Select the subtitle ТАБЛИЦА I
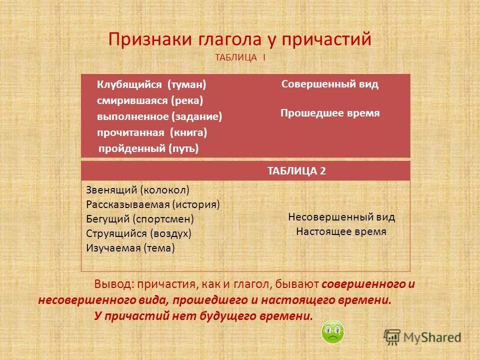pyautogui.click(x=240, y=58)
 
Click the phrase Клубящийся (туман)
pyautogui.click(x=151, y=84)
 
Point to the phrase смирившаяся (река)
pyautogui.click(x=150, y=100)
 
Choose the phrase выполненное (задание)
pyautogui.click(x=159, y=116)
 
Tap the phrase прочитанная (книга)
pyautogui.click(x=152, y=132)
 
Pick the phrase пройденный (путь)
pyautogui.click(x=148, y=148)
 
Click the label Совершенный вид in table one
pyautogui.click(x=330, y=84)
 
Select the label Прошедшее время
pyautogui.click(x=330, y=113)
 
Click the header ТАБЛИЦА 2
pyautogui.click(x=296, y=171)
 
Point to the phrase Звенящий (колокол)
pyautogui.click(x=137, y=190)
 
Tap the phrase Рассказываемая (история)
pyautogui.click(x=153, y=204)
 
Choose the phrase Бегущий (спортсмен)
pyautogui.click(x=140, y=219)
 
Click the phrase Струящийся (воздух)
pyautogui.click(x=138, y=233)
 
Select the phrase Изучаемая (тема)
pyautogui.click(x=130, y=248)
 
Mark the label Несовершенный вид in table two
pyautogui.click(x=341, y=217)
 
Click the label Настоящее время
pyautogui.click(x=341, y=231)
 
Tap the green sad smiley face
pyautogui.click(x=332, y=332)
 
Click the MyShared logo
pyautogui.click(x=422, y=337)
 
